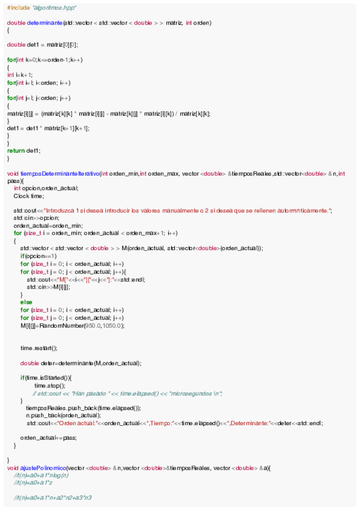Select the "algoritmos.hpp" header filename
click(54, 7)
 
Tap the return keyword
click(16, 150)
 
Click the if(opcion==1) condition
click(37, 256)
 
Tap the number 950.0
click(93, 325)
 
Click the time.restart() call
click(38, 348)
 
